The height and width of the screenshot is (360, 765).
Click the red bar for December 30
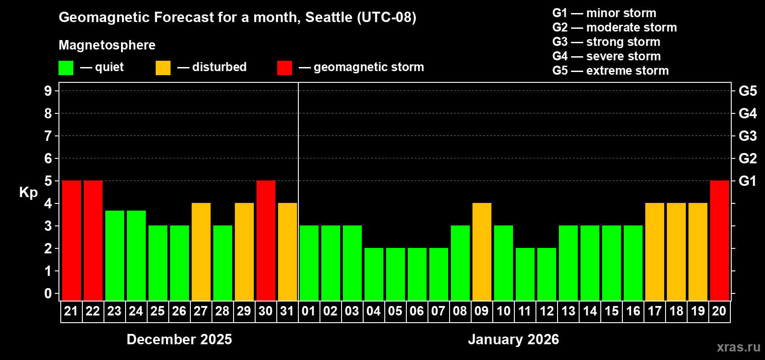266,240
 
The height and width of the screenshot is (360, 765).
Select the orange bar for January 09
482,252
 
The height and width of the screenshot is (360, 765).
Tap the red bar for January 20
720,240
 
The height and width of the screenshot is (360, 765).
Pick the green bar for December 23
115,255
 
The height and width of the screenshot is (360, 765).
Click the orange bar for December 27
201,252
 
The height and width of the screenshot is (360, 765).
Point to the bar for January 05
396,274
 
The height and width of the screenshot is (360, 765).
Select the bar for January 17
655,252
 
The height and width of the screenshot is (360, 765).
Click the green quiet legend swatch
66,68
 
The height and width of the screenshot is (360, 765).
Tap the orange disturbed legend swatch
163,68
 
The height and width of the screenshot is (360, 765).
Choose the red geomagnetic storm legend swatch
284,68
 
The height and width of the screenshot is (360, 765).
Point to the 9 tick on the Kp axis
48,91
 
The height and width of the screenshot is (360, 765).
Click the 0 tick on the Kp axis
48,294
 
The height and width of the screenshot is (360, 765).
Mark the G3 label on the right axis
747,136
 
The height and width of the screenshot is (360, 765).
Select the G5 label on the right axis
747,91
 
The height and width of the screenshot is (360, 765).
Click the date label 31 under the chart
287,311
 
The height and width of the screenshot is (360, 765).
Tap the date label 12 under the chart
547,311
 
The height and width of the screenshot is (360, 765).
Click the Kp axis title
28,193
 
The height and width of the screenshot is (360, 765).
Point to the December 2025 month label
179,339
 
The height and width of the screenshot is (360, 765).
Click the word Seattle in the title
328,18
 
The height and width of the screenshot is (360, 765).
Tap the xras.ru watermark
738,347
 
